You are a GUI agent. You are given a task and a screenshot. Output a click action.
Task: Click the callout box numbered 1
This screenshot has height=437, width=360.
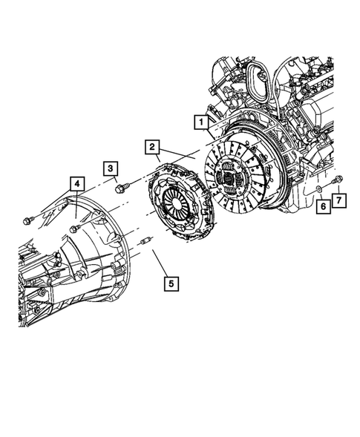point(200,120)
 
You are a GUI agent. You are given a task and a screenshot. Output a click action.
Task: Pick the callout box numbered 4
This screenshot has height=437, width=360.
point(76,182)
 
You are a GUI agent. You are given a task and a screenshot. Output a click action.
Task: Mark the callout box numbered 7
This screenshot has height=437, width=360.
point(338,200)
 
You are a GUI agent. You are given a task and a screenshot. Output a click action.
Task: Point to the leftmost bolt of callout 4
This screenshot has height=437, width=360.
point(28,219)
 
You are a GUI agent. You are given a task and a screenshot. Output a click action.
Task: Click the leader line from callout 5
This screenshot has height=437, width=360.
point(159,263)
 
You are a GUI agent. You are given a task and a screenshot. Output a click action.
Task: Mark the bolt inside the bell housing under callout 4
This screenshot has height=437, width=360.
point(74,229)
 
